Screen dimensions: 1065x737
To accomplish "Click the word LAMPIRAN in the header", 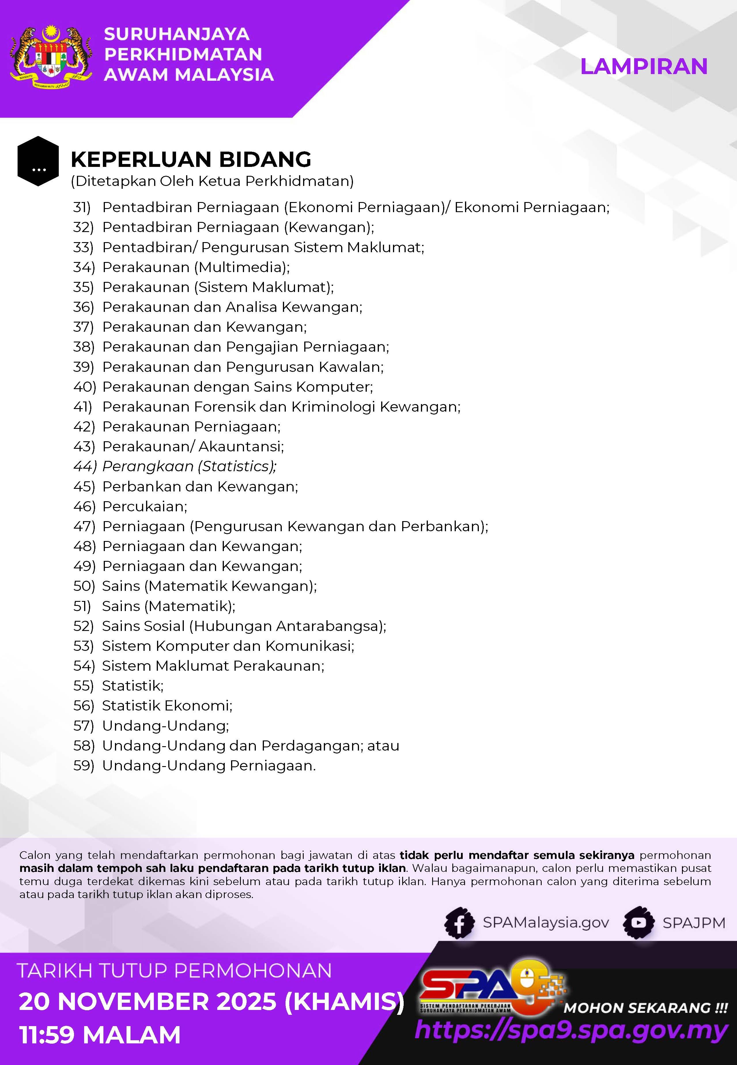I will [x=643, y=67].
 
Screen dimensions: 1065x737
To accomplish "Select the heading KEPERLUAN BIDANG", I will [x=191, y=159].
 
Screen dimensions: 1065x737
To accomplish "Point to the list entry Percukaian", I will [x=145, y=507].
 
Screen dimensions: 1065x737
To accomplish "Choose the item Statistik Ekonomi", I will [x=167, y=706].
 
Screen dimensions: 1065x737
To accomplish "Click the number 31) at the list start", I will [x=82, y=207].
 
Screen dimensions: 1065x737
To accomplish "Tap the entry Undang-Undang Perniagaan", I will [x=209, y=766].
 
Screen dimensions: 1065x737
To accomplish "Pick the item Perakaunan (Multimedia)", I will [x=196, y=267].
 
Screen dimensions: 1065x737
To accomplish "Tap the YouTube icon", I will [x=639, y=923].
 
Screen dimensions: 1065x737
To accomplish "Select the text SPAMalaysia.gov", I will [x=546, y=923].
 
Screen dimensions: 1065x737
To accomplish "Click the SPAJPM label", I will [x=693, y=923].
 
